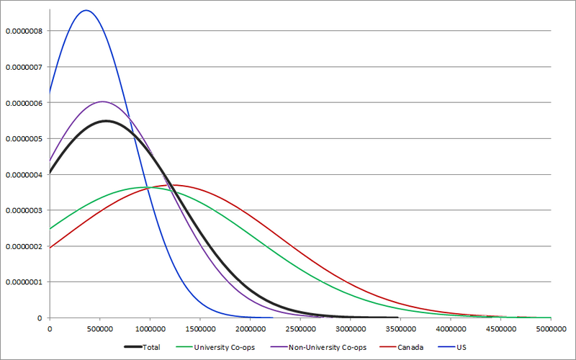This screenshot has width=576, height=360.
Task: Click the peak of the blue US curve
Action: [86, 10]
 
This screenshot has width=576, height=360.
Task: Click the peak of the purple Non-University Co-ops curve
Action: [102, 102]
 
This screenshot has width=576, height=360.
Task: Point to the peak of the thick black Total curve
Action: [107, 121]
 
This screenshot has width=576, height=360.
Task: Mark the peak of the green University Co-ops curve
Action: [148, 187]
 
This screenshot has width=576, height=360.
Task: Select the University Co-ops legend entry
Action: [220, 348]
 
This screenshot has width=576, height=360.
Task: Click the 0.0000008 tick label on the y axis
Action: [24, 31]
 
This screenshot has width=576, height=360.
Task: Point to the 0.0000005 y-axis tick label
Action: [24, 138]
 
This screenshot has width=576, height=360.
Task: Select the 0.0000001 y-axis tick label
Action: [24, 282]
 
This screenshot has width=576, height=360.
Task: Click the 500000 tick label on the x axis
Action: [99, 329]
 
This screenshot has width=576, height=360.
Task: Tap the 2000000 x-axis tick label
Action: [250, 329]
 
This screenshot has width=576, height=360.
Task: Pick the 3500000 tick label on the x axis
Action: [400, 329]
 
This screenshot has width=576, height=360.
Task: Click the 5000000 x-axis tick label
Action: [551, 329]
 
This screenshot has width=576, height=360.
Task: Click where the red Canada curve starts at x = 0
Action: [50, 248]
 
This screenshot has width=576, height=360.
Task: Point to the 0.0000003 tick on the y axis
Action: [24, 210]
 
